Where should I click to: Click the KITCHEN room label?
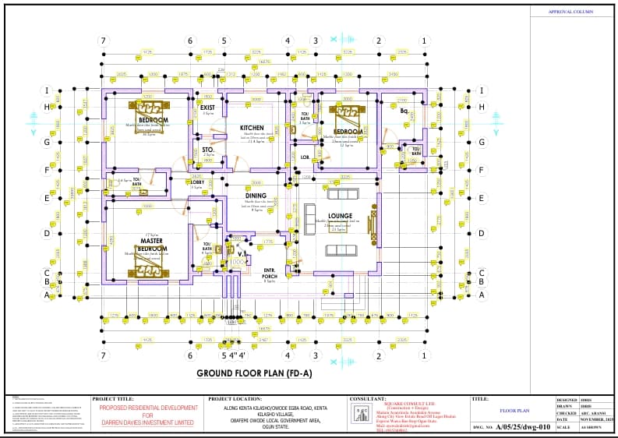[x=252, y=127]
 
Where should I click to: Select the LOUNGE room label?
[x=340, y=216]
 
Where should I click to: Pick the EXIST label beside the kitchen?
[x=208, y=108]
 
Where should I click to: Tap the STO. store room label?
[x=208, y=148]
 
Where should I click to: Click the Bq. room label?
[x=404, y=111]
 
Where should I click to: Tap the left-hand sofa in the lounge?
[x=309, y=221]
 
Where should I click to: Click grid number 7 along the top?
[x=101, y=41]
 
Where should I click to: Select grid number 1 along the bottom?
[x=424, y=355]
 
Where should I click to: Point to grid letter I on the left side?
[x=48, y=90]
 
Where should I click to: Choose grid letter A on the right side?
[x=482, y=295]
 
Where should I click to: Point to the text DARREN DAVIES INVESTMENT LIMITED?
[x=147, y=422]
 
